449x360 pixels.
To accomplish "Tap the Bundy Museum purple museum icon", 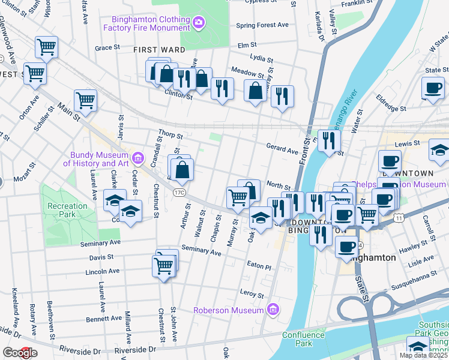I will (139, 158).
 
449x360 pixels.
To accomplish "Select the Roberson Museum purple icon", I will (273, 310).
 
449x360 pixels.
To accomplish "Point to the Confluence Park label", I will (304, 339).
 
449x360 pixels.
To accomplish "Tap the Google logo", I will (19, 353).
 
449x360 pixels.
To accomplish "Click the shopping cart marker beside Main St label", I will (86, 100).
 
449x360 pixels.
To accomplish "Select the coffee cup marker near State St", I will (432, 88).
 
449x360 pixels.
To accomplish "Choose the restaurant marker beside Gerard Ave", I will (329, 141).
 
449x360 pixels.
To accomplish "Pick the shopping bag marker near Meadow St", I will (256, 91).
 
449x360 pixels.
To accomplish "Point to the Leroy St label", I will (252, 295).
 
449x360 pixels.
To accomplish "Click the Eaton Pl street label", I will (259, 265).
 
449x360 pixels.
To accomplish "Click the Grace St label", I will (108, 47).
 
